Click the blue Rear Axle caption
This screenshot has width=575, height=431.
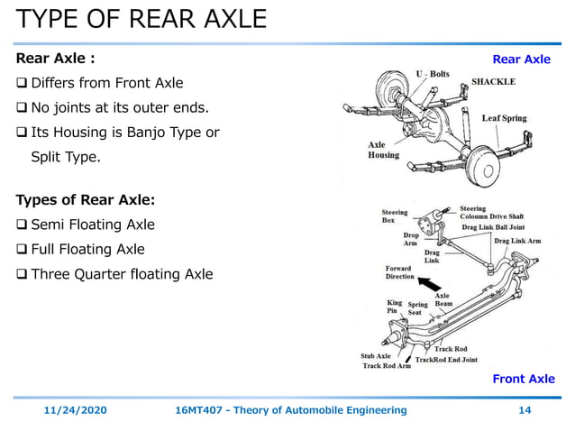521,60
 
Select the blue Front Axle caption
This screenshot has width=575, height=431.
523,379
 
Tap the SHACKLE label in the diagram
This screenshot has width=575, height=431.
494,81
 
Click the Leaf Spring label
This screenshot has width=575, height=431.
504,118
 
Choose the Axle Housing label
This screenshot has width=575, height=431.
383,150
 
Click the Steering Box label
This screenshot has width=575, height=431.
395,217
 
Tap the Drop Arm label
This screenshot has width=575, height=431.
411,240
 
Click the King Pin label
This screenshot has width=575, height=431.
395,307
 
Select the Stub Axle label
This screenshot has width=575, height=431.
377,356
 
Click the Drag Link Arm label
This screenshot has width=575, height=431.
517,241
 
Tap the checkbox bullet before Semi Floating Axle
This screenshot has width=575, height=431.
22,225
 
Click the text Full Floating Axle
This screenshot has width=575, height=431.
87,249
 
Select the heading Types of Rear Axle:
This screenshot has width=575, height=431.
86,199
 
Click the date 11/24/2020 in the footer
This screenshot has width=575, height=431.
76,410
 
